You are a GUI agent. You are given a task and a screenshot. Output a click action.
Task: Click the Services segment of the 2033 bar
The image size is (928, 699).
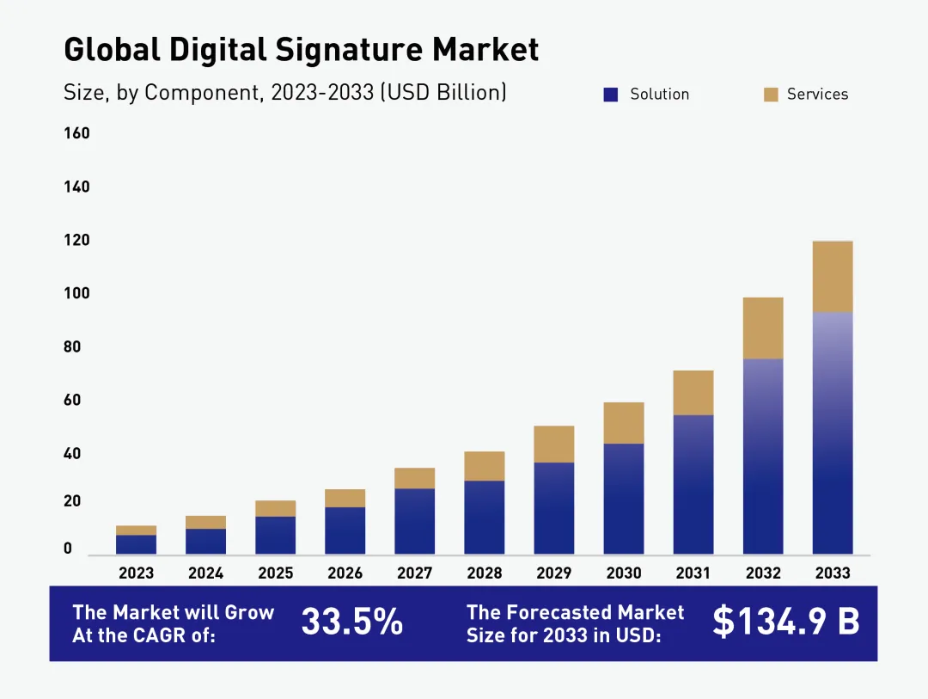click(x=833, y=276)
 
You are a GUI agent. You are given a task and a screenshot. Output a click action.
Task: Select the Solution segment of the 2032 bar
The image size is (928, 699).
click(x=763, y=456)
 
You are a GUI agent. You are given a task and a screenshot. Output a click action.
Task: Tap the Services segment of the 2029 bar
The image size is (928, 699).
click(x=554, y=444)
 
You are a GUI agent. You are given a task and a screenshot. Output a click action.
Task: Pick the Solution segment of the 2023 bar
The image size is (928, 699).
click(x=137, y=544)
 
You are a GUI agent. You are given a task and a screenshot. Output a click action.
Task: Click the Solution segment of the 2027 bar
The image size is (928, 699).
click(x=415, y=521)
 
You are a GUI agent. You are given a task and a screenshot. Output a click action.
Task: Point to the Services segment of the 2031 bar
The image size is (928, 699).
click(x=693, y=393)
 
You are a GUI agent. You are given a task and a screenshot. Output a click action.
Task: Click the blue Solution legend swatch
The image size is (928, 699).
click(x=611, y=95)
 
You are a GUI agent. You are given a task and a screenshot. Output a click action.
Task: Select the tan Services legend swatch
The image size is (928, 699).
click(x=771, y=95)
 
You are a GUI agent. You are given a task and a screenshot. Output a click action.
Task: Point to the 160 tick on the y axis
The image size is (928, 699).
click(x=76, y=133)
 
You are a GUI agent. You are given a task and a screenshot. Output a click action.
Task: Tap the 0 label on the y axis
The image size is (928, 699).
click(x=68, y=549)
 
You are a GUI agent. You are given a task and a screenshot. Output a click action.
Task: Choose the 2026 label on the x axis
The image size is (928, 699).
click(x=345, y=573)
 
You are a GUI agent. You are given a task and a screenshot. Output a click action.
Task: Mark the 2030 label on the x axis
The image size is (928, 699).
click(x=624, y=573)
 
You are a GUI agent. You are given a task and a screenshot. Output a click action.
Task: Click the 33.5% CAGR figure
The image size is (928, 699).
click(x=352, y=622)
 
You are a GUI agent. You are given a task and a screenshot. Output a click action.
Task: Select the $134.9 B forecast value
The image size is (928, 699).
click(x=785, y=622)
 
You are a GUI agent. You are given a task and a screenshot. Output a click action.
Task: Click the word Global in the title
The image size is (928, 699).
click(x=112, y=50)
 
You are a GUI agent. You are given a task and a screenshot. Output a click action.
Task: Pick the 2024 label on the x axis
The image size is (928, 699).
click(x=206, y=573)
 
